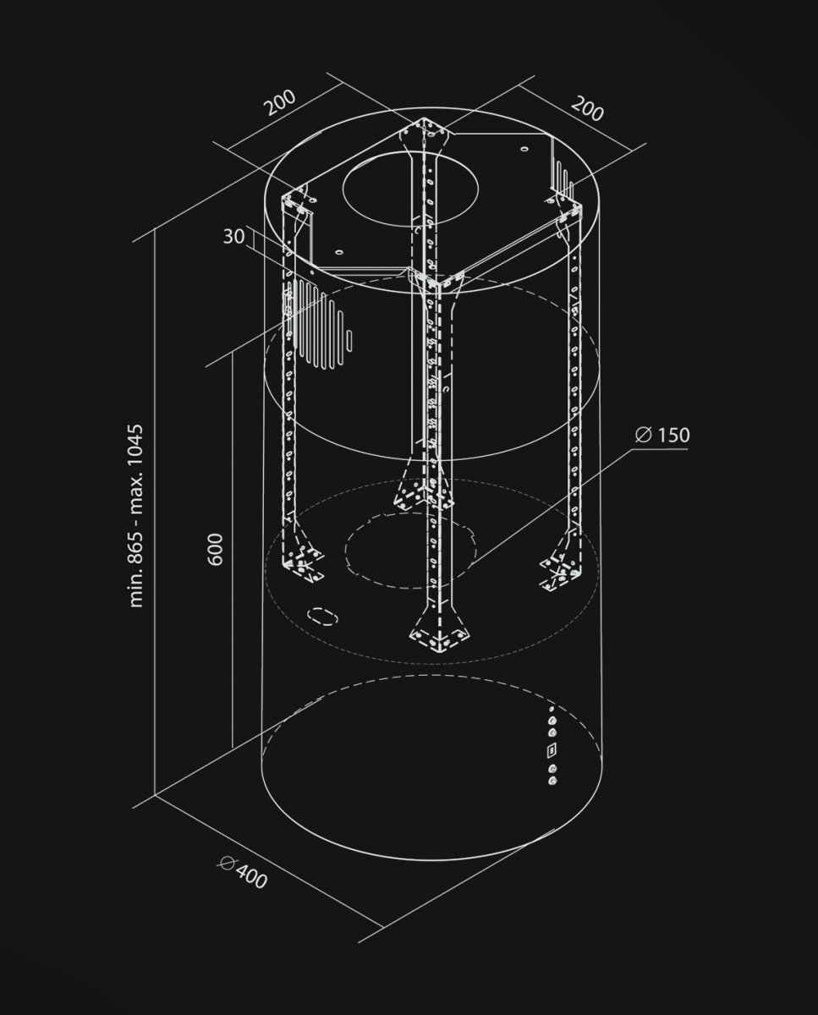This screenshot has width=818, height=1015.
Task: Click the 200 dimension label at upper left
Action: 281,102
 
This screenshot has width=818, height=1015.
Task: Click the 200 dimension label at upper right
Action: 587,108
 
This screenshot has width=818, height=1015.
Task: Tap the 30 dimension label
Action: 233,236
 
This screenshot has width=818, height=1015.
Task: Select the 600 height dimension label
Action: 215,550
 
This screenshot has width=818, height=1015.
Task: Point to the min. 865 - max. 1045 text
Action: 136,516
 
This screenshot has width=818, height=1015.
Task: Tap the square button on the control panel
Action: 552,749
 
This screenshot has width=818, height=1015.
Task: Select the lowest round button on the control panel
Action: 552,781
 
